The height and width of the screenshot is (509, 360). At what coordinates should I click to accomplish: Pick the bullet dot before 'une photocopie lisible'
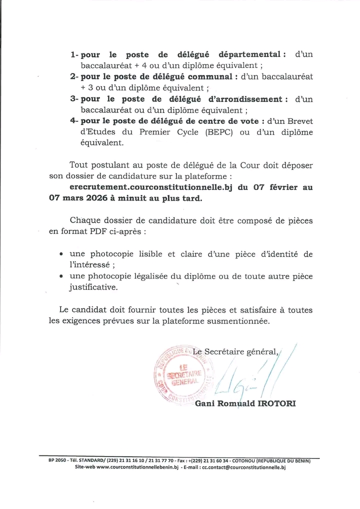[x=61, y=254]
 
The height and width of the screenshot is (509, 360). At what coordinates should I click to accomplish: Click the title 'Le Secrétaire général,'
[x=236, y=351]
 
